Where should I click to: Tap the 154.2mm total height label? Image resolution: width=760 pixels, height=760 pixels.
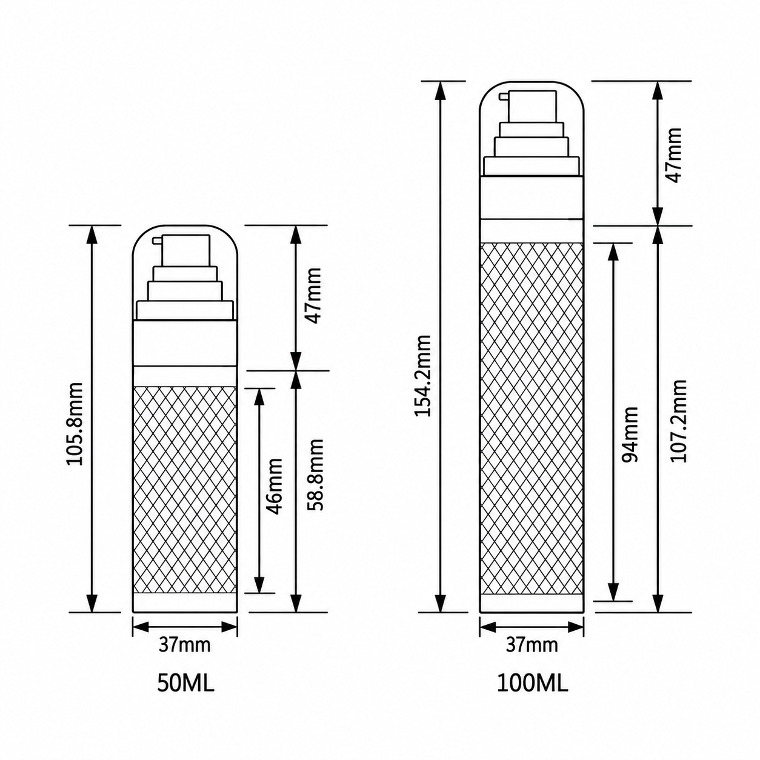(x=423, y=376)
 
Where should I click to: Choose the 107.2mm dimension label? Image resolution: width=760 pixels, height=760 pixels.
(x=678, y=421)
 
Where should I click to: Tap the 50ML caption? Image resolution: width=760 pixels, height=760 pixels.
(x=185, y=684)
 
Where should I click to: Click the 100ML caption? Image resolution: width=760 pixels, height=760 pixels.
(x=533, y=684)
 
